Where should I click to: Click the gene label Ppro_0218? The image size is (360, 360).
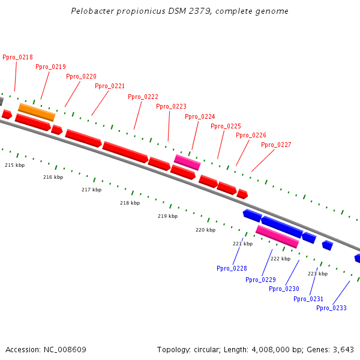[x=17, y=57]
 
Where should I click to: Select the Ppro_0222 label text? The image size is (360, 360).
[x=143, y=97]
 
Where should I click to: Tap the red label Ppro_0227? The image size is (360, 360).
[x=276, y=145]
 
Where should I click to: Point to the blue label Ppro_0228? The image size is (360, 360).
[x=232, y=268]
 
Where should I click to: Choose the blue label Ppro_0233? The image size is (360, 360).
[x=331, y=308]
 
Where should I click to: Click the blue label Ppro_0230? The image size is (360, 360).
[x=284, y=289]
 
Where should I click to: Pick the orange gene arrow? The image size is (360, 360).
[x=37, y=112]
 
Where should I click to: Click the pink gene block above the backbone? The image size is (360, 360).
[x=187, y=162]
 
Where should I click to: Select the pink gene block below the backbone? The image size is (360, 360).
[x=277, y=236]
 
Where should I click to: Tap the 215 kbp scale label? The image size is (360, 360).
[x=15, y=165]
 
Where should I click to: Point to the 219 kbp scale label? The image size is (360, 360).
[x=167, y=216]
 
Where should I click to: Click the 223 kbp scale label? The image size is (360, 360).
[x=317, y=274]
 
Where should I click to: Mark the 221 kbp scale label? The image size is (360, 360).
[x=242, y=244]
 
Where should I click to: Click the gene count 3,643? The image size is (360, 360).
[x=343, y=349]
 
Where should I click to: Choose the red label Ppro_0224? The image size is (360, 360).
[x=200, y=116]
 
